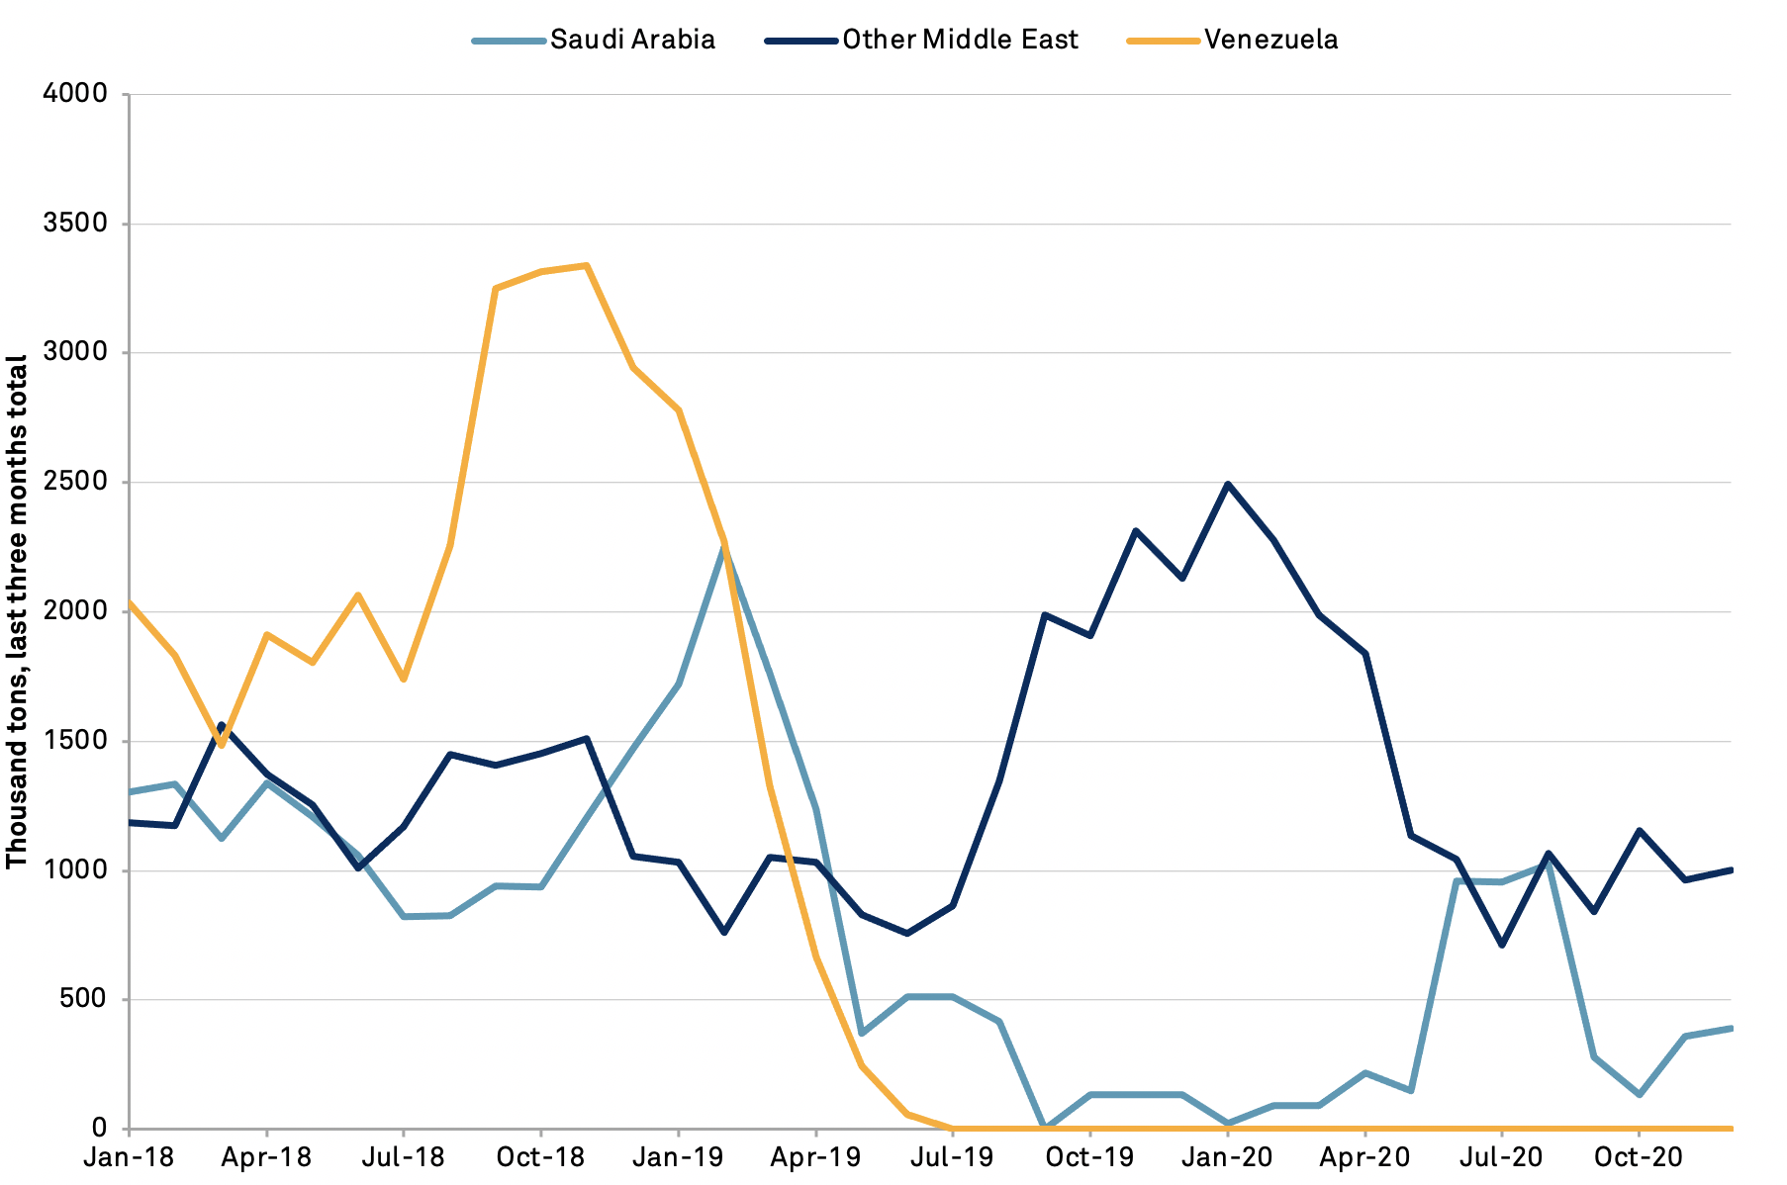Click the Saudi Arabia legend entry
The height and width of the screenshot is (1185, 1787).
(x=632, y=40)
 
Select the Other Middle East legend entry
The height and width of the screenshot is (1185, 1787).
(x=960, y=40)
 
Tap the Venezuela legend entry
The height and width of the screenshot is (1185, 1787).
(x=1270, y=40)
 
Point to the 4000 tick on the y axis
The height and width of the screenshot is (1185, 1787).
(x=75, y=94)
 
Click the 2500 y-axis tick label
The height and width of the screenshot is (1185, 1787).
(x=75, y=483)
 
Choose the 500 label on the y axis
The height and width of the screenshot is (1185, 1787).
(x=83, y=999)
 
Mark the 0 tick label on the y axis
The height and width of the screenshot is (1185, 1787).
(x=99, y=1129)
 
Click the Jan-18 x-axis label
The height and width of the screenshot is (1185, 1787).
(x=129, y=1157)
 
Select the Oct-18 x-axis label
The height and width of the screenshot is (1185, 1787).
(x=540, y=1157)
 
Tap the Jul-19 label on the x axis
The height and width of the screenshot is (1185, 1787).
(x=952, y=1157)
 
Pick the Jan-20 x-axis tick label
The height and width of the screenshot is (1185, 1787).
(x=1227, y=1157)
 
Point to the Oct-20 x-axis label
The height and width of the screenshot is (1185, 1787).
(x=1639, y=1157)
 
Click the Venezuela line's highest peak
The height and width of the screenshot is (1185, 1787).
(x=587, y=265)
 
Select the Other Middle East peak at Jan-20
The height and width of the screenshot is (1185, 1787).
(x=1228, y=484)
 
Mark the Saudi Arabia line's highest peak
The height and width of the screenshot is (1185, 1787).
(x=724, y=546)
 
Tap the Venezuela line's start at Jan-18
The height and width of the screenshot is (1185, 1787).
(x=130, y=602)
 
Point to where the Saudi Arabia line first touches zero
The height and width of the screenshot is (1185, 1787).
(x=1044, y=1128)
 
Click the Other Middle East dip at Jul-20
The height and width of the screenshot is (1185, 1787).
(x=1502, y=946)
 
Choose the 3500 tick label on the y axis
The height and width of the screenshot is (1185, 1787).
(x=75, y=224)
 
